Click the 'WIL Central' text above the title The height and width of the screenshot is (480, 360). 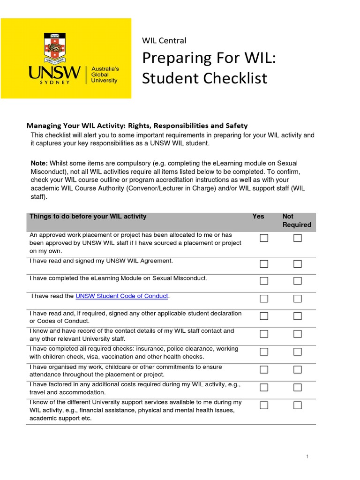(164, 41)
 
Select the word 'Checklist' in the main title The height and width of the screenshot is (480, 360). (228, 78)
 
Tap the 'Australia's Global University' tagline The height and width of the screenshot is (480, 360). (105, 75)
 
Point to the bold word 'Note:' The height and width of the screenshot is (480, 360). (39, 163)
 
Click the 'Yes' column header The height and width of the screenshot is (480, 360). (258, 217)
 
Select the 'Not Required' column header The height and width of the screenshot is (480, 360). (296, 220)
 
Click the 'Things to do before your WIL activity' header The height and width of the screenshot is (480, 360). (88, 217)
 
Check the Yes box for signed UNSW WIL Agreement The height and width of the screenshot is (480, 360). (264, 264)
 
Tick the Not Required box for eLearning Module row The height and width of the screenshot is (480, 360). (298, 281)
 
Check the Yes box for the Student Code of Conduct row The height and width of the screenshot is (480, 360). (264, 299)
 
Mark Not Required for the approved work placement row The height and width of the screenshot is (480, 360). (298, 238)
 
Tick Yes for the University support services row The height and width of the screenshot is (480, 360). (264, 405)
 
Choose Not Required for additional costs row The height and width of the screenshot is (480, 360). (298, 387)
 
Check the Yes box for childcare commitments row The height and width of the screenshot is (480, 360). (264, 369)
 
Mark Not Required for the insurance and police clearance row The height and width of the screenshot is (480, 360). (298, 352)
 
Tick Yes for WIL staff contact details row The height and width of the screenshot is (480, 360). (264, 334)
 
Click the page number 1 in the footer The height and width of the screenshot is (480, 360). (307, 457)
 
